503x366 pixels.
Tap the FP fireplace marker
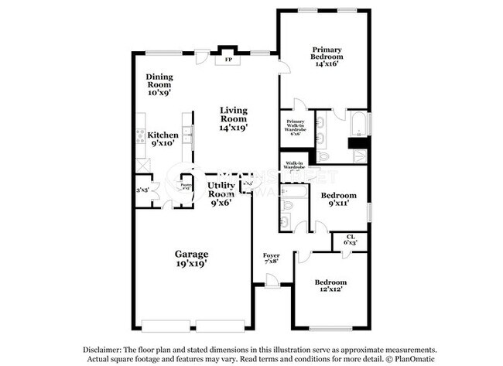tap(228, 60)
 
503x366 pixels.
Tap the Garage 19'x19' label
tap(190, 258)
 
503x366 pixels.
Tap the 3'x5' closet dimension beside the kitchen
tap(142, 190)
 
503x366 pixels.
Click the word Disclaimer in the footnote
tap(88, 350)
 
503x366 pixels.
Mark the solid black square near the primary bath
tap(357, 142)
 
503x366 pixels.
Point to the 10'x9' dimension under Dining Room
tap(159, 92)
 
